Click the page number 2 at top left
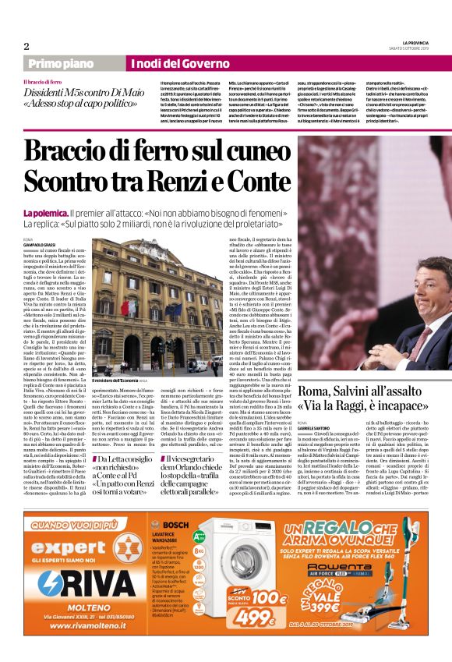[26, 46]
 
